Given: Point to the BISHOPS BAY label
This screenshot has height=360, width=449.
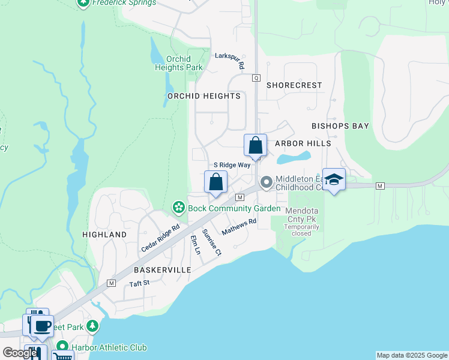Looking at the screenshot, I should pos(340,126).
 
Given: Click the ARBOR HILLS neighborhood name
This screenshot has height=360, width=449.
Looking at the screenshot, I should pos(303,143).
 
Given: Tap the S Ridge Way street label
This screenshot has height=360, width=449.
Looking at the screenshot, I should pos(232,165).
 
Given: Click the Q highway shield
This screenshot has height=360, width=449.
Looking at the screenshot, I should pos(256,78).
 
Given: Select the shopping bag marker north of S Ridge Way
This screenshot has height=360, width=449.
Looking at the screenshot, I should pos(255,145).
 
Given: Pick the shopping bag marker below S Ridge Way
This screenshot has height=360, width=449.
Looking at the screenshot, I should pos(216,182).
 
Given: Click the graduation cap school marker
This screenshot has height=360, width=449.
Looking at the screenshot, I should pos(334,179).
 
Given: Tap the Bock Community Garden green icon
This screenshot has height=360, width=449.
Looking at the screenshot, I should pos(178,208).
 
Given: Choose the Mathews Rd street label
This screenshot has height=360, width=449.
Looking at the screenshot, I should pos(239,226).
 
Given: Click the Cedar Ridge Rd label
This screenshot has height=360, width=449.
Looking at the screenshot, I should pos(160,238).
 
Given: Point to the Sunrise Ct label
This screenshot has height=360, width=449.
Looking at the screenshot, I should pos(212,242).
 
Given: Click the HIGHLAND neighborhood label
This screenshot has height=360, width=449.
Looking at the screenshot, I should pos(104,235).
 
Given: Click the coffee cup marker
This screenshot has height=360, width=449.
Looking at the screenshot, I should pos(42,326).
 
